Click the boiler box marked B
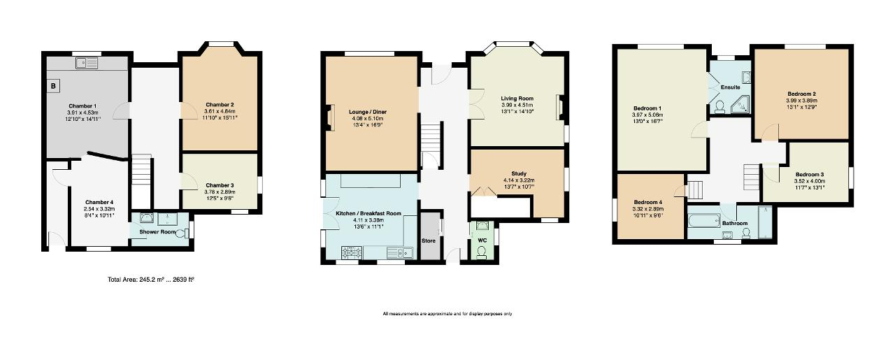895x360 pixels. pos(52,86)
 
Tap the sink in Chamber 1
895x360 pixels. pos(89,63)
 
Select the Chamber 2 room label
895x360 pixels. pos(220,104)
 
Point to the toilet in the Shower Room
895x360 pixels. pos(183,234)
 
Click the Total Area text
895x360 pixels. pos(151,279)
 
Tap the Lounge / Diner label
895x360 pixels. pos(368,112)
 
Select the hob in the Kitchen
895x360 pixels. pos(350,252)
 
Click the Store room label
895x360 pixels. pos(429,240)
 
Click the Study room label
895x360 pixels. pos(519,173)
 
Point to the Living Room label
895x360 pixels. pos(517,99)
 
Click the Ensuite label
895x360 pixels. pos(731,87)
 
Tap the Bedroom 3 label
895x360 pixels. pos(809,174)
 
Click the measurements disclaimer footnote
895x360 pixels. pos(447,314)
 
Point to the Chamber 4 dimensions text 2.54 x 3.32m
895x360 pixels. pos(99,208)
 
